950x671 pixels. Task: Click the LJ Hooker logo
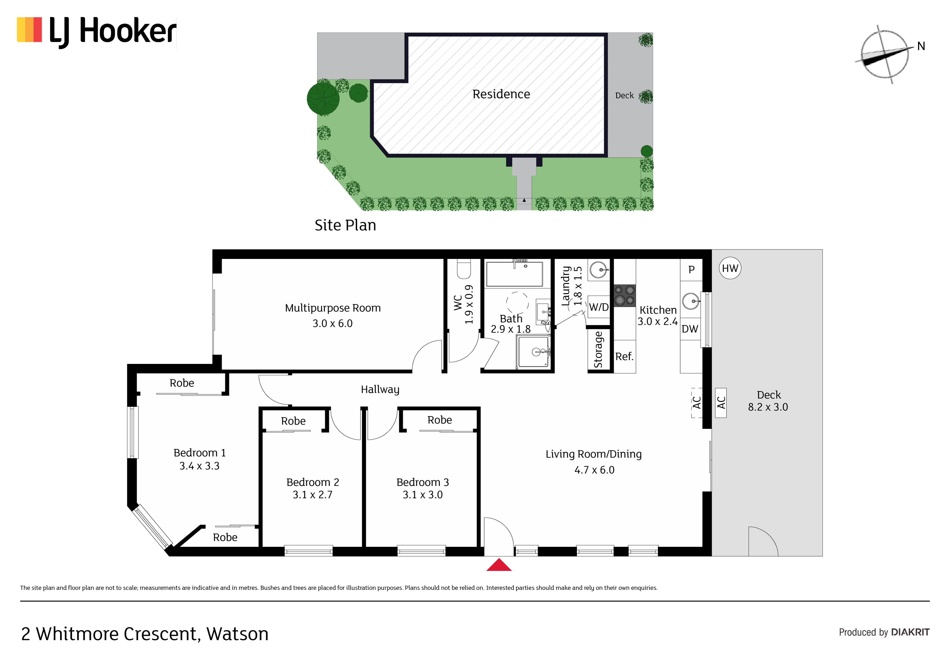tap(96, 32)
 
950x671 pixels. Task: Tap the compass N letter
tap(921, 46)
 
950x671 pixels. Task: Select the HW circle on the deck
tap(730, 268)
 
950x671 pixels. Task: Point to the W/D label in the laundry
tap(599, 307)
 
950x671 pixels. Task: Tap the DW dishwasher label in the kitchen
tap(690, 329)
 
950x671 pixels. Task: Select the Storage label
tap(598, 349)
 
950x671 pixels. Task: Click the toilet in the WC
tap(464, 269)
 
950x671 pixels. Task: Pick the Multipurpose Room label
tap(333, 308)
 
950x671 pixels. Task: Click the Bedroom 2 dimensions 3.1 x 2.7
tap(313, 495)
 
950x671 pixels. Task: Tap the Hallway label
tap(380, 389)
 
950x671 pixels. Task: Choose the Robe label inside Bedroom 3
tap(440, 420)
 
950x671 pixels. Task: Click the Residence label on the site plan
tap(501, 94)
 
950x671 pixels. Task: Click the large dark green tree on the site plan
tap(323, 99)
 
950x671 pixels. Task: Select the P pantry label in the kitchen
tap(691, 269)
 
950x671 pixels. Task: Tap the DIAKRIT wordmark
tap(910, 632)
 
